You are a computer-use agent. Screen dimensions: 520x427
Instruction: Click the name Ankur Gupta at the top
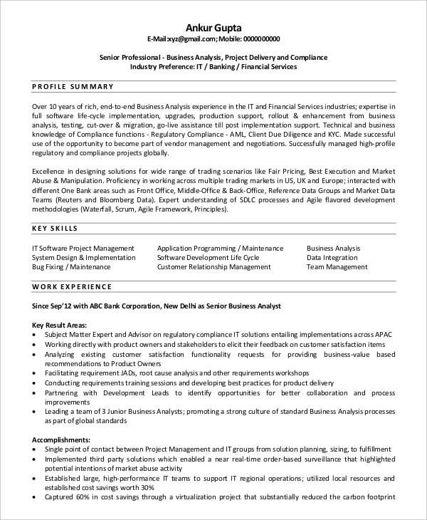pos(213,26)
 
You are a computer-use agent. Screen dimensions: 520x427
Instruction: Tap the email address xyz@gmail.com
pos(198,38)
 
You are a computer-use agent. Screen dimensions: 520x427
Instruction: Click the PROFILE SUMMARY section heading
pos(73,86)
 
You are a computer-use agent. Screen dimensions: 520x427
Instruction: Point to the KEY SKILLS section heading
pos(56,229)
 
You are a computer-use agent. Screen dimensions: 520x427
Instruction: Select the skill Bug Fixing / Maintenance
pos(71,266)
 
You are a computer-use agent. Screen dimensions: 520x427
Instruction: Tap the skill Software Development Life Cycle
pos(208,257)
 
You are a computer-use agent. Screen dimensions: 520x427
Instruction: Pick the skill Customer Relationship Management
pos(213,266)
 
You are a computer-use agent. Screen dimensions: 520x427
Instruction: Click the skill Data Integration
pos(332,257)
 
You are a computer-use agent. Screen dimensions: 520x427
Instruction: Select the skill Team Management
pos(337,266)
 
